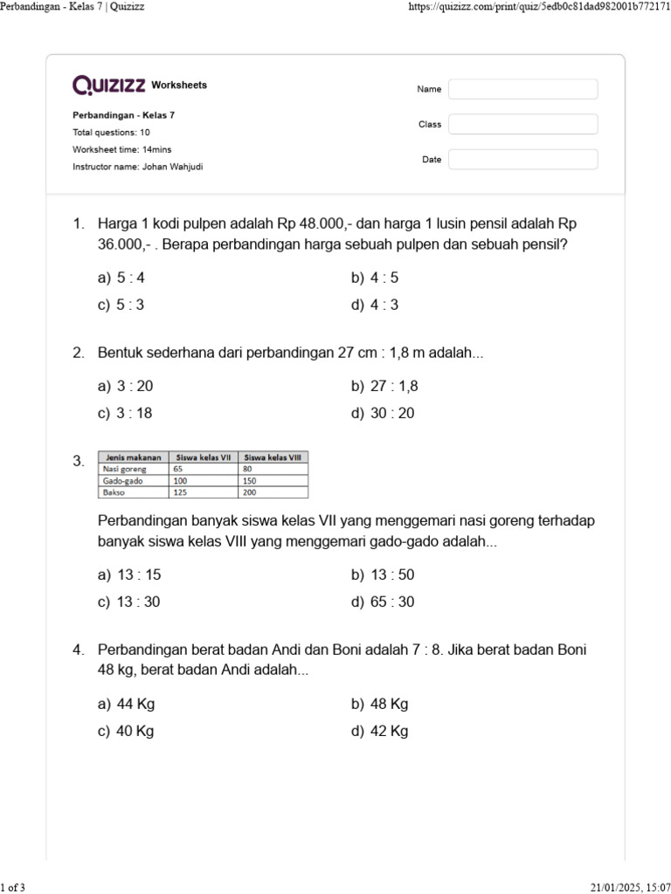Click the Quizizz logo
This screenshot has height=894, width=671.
tap(109, 85)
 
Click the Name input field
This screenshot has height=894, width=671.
tap(522, 89)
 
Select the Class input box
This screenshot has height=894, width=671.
tap(522, 124)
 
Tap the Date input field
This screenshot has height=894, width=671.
tap(522, 160)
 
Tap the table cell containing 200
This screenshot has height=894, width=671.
tap(253, 492)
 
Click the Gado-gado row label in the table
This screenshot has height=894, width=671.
tap(123, 481)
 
